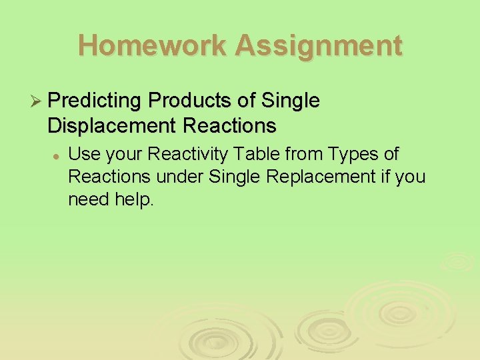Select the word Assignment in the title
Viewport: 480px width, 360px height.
pos(319,45)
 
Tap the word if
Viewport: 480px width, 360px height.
pos(386,177)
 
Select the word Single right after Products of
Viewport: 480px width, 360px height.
pos(290,101)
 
